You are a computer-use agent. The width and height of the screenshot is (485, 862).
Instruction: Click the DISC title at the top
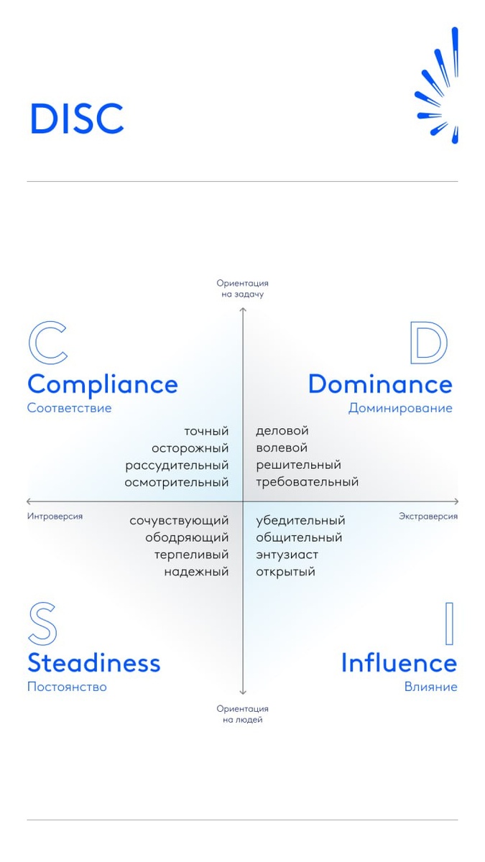76,119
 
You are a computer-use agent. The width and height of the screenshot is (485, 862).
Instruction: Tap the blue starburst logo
438,90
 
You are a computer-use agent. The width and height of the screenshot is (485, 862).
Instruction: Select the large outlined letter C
47,343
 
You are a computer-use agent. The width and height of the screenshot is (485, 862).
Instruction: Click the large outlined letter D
428,343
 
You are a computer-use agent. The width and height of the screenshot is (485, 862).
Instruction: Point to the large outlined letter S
42,624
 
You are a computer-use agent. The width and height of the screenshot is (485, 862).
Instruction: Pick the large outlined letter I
450,624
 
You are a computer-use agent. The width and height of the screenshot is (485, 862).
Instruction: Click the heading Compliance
102,384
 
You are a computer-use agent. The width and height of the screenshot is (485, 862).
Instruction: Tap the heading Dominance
380,384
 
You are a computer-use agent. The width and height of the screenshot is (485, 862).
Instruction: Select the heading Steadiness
93,662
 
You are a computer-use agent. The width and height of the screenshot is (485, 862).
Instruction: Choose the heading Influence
399,662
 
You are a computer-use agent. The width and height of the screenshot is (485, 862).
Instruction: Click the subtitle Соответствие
69,408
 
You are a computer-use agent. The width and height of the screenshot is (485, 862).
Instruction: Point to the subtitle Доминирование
400,408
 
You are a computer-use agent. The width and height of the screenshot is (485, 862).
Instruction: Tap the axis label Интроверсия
55,516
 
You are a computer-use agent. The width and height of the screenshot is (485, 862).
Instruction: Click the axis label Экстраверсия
428,516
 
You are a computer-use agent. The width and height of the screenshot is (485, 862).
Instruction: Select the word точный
206,431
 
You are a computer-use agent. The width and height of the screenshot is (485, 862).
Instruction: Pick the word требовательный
307,483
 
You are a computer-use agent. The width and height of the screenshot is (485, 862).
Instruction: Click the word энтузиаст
287,555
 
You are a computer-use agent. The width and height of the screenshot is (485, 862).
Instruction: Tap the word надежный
196,572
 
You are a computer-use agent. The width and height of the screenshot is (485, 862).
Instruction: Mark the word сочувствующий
179,520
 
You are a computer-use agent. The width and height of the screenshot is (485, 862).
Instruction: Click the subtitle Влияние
430,687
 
